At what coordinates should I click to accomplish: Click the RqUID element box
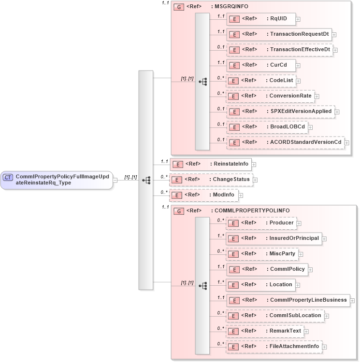[261, 19]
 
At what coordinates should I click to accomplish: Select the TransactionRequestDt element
[279, 34]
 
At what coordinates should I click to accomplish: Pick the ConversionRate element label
[290, 96]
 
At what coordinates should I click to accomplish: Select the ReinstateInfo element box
[211, 164]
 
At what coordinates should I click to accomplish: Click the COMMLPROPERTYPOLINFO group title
[252, 210]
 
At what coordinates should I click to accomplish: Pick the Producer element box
[261, 223]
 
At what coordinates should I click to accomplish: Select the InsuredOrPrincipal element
[274, 238]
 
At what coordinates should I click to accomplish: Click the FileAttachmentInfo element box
[274, 346]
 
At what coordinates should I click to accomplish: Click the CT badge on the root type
[8, 178]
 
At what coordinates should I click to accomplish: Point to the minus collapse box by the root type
[115, 180]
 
